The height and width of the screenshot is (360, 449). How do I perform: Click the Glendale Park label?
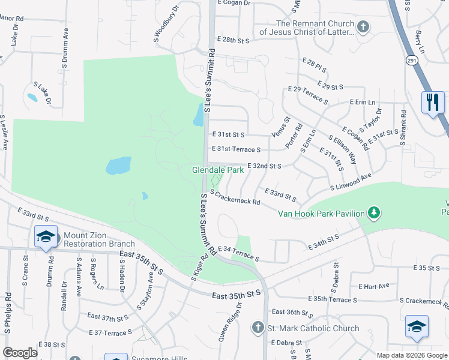point(217,170)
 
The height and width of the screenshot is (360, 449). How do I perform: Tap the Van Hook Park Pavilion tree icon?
point(374,213)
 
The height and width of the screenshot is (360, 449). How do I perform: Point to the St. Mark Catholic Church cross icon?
point(258,328)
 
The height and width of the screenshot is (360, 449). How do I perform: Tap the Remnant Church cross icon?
point(363,26)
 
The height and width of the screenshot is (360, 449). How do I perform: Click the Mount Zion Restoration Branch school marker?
point(46,236)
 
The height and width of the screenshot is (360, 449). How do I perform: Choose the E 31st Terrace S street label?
point(236,149)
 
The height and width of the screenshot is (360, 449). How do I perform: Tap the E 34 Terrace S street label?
point(238,253)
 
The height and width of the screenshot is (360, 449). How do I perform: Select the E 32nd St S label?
point(264,166)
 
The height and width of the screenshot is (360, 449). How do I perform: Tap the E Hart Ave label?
point(374,286)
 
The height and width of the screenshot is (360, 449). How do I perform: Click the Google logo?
point(19,353)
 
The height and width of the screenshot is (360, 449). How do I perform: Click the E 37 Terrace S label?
point(110,332)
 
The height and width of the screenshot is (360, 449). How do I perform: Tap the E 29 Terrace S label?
point(308,95)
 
